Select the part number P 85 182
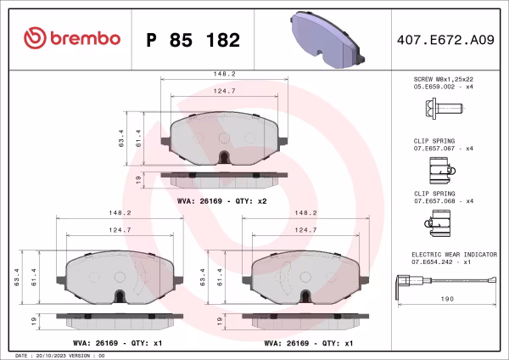coord(193,40)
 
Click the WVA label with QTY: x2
coord(222,201)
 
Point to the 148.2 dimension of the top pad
coord(224,74)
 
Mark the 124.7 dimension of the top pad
coord(224,91)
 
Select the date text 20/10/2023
coord(55,355)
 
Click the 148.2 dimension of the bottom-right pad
coord(305,214)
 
